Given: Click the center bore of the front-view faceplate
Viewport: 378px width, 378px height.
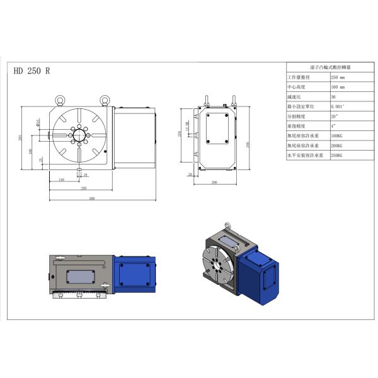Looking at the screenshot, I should click(79, 135).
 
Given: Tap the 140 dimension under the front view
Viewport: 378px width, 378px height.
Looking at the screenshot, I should click(61, 180).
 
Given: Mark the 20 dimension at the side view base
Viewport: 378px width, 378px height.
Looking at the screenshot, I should click(190, 174).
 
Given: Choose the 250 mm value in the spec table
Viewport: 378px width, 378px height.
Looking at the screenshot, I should click(338, 77).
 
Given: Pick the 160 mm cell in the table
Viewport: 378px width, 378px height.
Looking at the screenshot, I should click(338, 87).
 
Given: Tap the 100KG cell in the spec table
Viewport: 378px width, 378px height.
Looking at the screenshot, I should click(336, 135).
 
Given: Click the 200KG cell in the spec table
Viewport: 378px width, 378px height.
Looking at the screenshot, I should click(336, 145).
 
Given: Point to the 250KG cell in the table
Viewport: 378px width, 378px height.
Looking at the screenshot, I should click(336, 154).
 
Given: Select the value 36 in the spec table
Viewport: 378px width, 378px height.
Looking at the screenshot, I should click(333, 96).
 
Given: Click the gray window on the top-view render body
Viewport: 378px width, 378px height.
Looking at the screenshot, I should click(76, 275).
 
